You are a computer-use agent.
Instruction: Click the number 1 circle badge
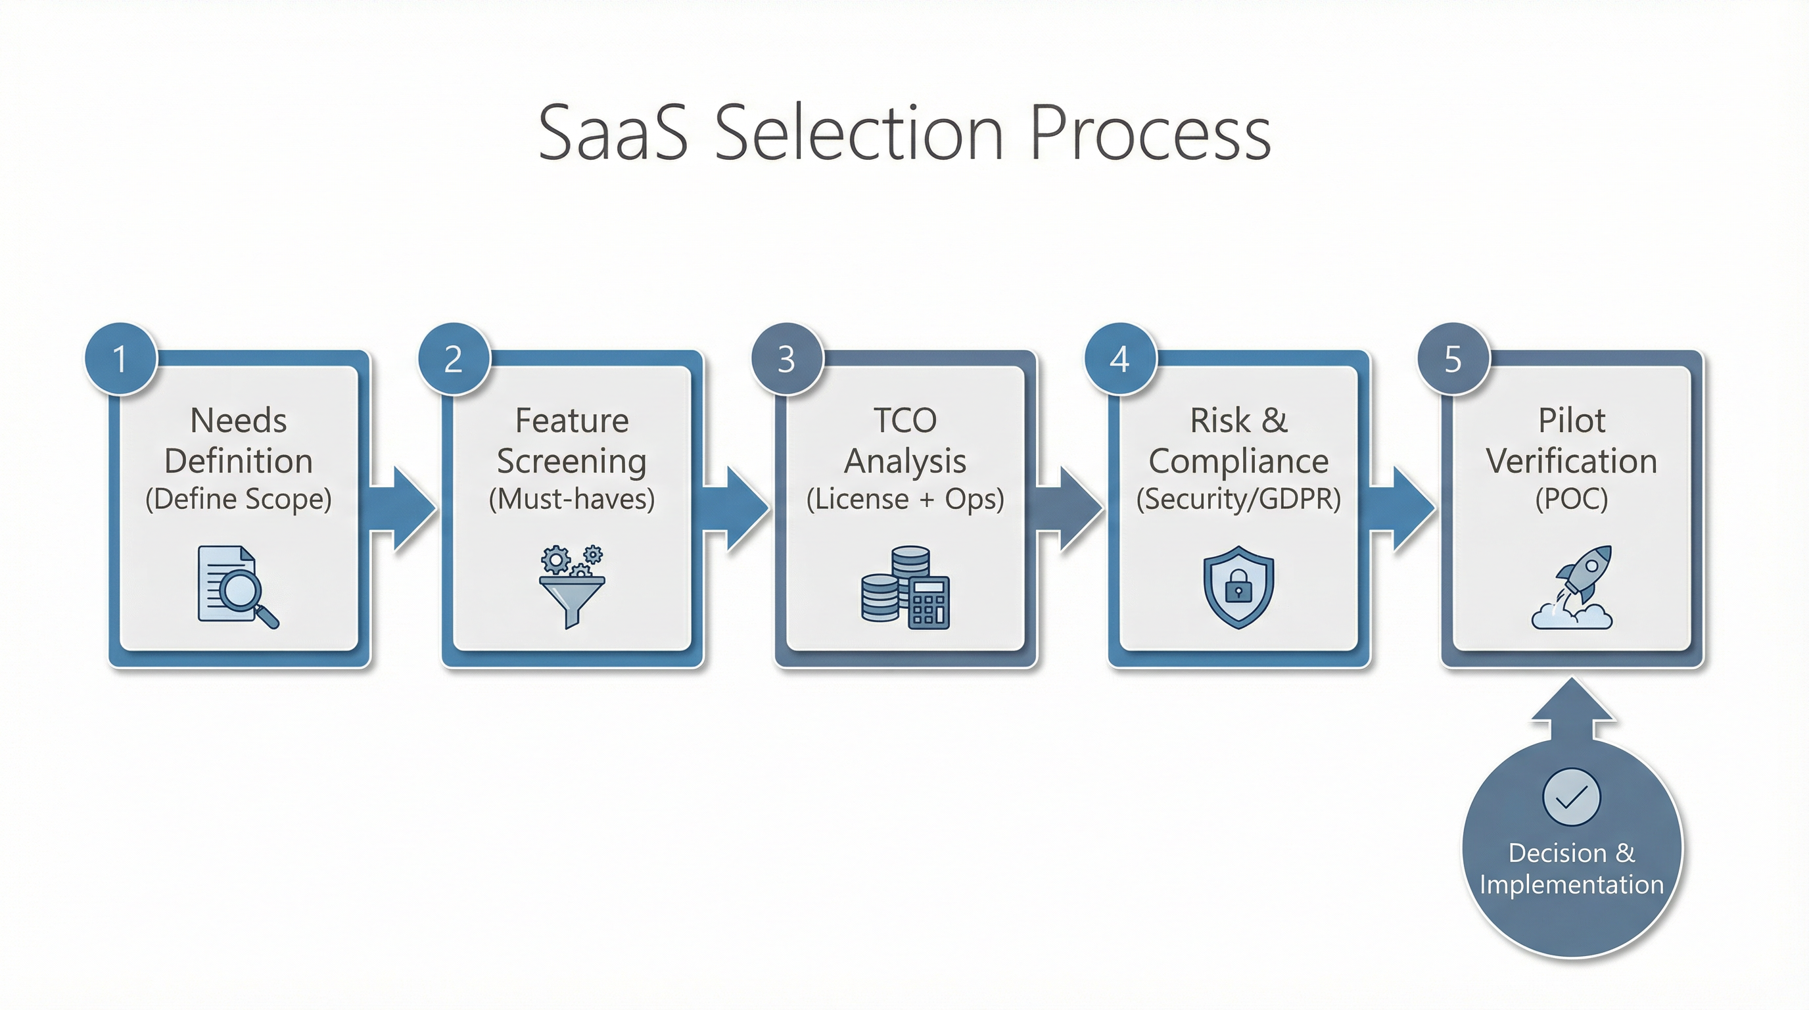[x=120, y=359]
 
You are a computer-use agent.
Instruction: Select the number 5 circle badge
[x=1453, y=359]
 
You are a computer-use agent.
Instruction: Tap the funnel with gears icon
[x=572, y=587]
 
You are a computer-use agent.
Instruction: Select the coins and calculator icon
[x=905, y=587]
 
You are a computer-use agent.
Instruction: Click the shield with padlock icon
[x=1238, y=587]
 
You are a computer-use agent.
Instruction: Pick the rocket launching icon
[x=1572, y=587]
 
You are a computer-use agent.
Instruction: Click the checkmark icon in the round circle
[x=1572, y=796]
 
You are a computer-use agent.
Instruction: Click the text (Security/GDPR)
[x=1238, y=498]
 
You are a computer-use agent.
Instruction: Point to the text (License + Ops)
[x=905, y=498]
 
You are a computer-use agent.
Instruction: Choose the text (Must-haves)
[x=572, y=498]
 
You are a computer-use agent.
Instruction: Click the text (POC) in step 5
[x=1572, y=498]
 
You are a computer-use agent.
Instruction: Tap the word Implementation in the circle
[x=1572, y=884]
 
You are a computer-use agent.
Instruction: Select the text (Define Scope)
[x=238, y=498]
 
